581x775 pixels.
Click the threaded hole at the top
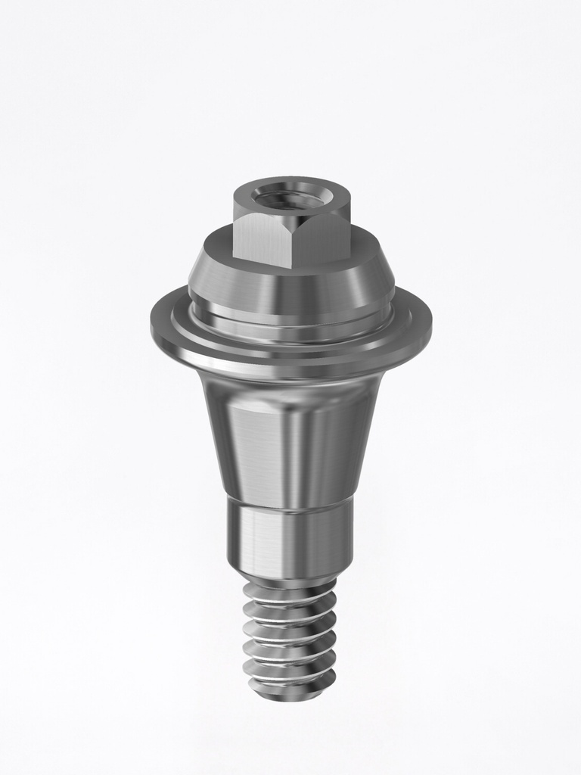point(291,198)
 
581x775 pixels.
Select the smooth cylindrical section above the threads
point(290,541)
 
